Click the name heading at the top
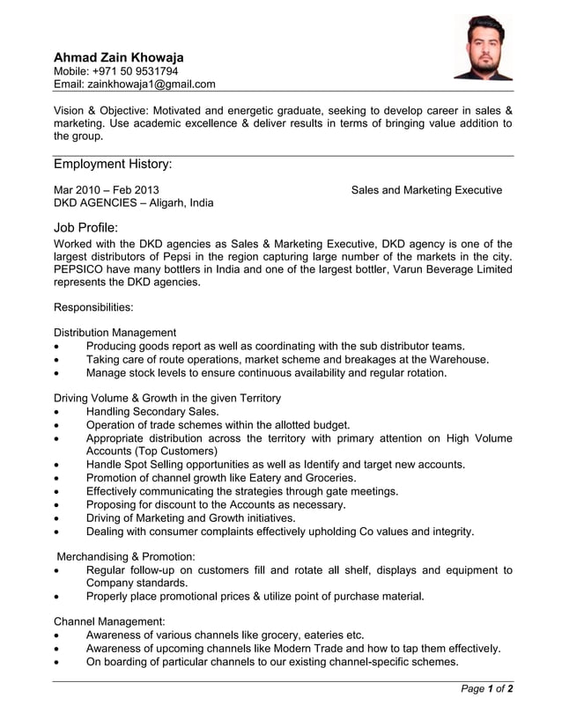pyautogui.click(x=119, y=57)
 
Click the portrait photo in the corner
pyautogui.click(x=482, y=48)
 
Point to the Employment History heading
pyautogui.click(x=113, y=165)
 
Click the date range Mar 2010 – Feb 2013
pyautogui.click(x=107, y=189)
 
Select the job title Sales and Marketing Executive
pyautogui.click(x=426, y=190)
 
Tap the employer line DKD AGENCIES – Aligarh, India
pyautogui.click(x=133, y=202)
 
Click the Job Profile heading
pyautogui.click(x=85, y=228)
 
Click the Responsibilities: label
pyautogui.click(x=93, y=308)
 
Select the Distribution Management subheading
pyautogui.click(x=115, y=333)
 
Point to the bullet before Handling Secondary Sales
pyautogui.click(x=57, y=412)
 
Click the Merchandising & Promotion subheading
pyautogui.click(x=126, y=557)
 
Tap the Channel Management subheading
pyautogui.click(x=109, y=621)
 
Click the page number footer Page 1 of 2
pyautogui.click(x=487, y=689)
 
